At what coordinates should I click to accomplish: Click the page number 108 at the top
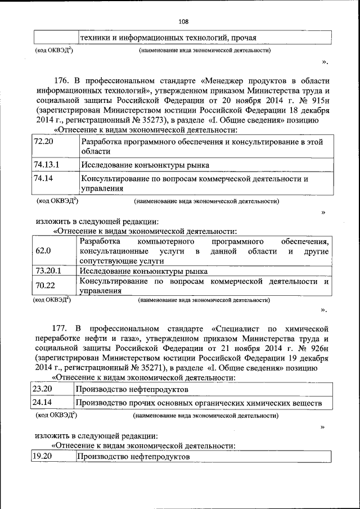pos(183,22)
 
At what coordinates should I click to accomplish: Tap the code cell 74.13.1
pos(47,165)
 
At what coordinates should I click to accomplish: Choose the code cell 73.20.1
pos(48,271)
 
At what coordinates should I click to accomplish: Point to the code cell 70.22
pos(45,285)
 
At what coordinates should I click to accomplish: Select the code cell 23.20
pos(42,389)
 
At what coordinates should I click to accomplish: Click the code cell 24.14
pos(42,403)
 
